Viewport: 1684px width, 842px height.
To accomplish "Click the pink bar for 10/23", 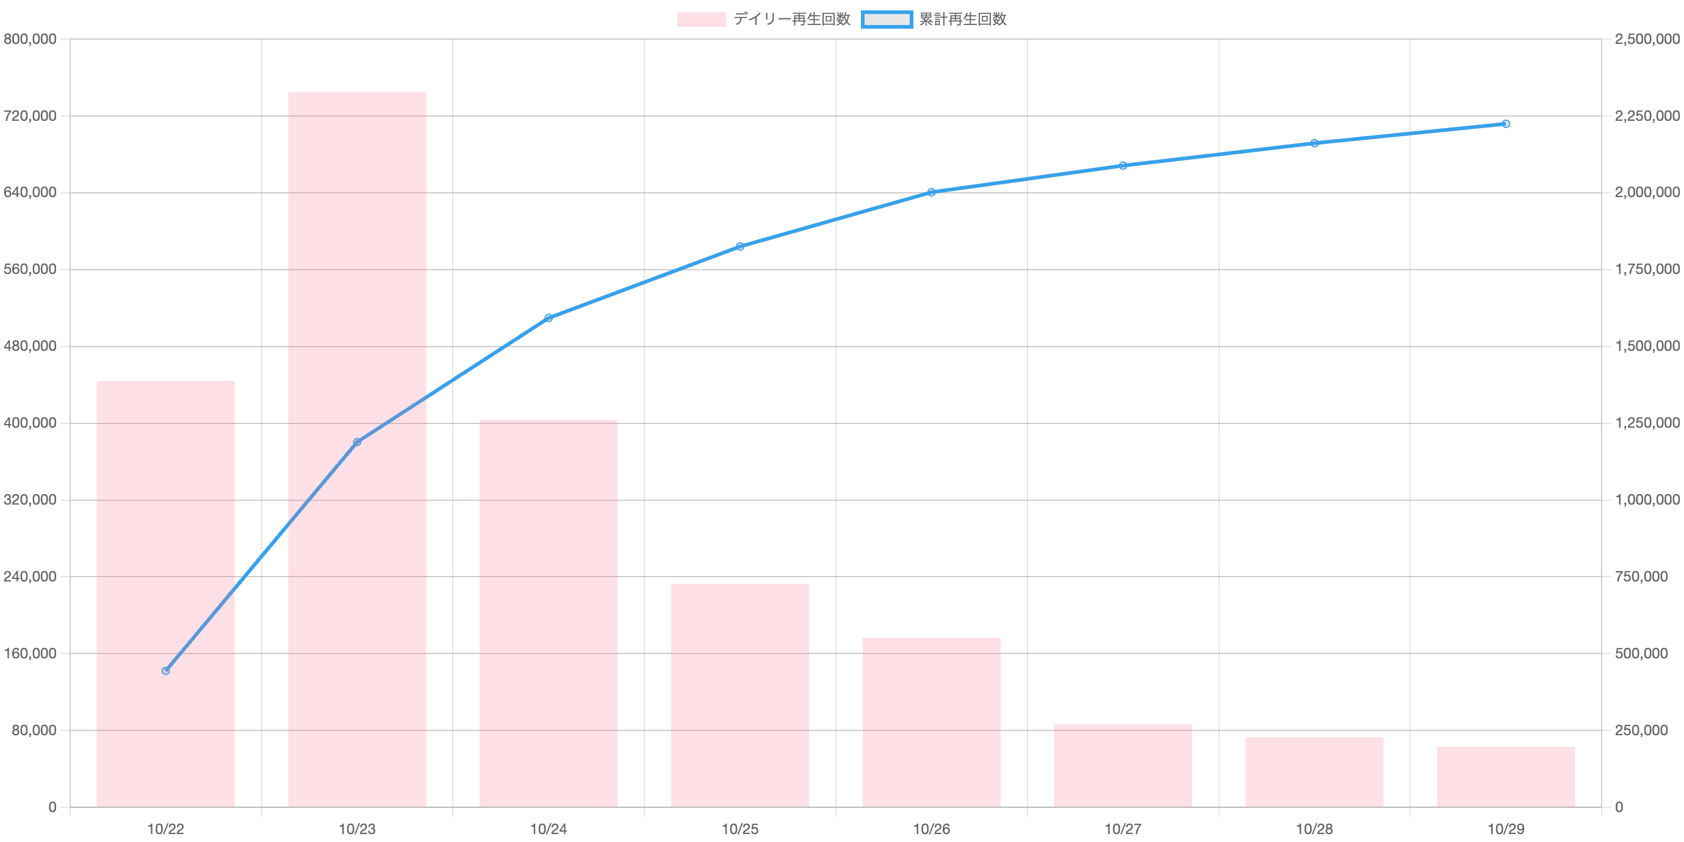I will [357, 449].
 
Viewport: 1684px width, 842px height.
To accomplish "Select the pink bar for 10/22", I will [165, 594].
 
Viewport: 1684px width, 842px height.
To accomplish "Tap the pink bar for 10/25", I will [740, 695].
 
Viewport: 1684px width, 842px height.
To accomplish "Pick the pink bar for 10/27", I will [1123, 765].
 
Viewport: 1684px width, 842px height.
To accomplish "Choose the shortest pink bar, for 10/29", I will [1506, 777].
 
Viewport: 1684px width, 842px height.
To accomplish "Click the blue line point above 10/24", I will [549, 318].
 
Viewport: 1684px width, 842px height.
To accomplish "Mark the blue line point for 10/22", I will [165, 671].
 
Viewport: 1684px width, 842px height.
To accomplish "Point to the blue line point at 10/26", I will [932, 192].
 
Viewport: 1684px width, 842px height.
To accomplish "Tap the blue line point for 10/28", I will [1315, 143].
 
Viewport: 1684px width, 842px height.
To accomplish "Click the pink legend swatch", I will [701, 20].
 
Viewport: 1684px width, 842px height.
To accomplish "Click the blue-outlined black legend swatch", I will [887, 20].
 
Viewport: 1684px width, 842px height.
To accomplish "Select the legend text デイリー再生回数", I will [791, 20].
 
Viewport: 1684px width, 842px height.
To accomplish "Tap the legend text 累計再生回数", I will [962, 20].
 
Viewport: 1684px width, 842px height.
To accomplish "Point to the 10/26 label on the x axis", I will [932, 829].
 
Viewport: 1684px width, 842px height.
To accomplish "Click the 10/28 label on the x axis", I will [1315, 829].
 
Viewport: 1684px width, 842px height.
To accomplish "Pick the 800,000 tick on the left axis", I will [30, 40].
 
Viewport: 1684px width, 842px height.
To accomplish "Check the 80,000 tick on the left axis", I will [33, 730].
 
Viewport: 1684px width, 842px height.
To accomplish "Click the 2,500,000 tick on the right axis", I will [1647, 40].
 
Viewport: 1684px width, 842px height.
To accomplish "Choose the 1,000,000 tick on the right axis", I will [1647, 500].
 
